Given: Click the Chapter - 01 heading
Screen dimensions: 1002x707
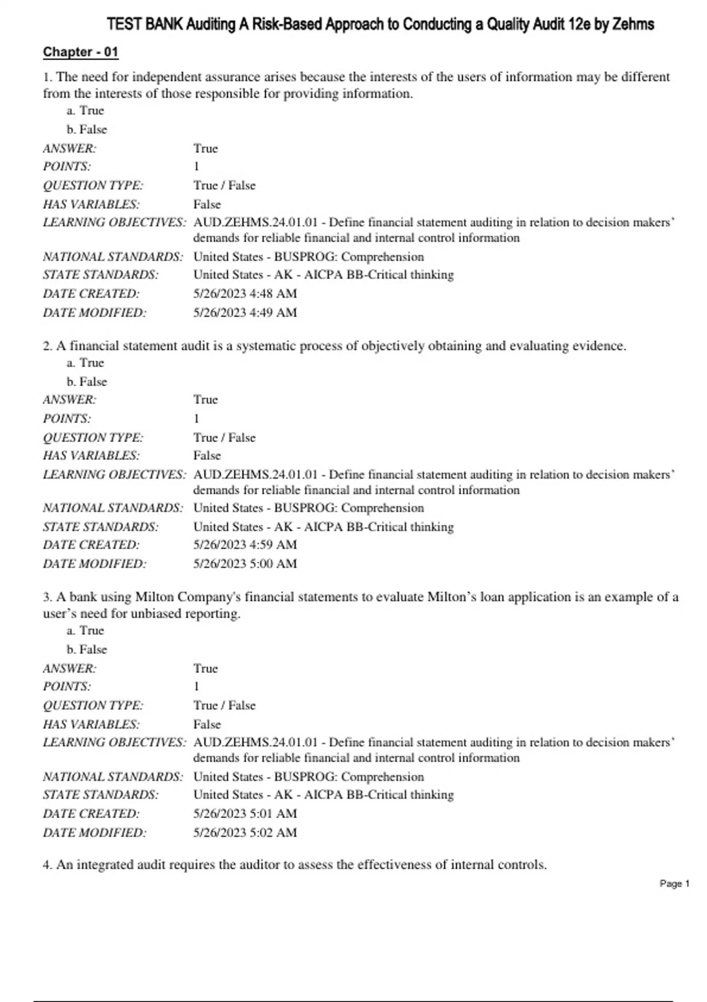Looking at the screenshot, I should coord(81,52).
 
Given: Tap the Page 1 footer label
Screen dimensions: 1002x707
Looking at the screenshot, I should coord(674,884).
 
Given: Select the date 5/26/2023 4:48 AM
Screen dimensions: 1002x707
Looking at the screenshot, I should coord(245,294).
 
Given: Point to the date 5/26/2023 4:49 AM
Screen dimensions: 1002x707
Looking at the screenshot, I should coord(245,312).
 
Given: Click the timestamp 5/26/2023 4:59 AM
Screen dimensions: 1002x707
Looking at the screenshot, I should coord(245,545).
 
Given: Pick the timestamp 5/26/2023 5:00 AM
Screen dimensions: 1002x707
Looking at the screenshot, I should coord(245,563).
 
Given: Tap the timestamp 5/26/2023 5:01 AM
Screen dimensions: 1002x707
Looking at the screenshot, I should coord(245,813).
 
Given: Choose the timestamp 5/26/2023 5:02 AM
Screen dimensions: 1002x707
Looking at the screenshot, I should coord(245,832).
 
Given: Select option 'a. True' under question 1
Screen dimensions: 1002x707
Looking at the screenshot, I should coord(85,110).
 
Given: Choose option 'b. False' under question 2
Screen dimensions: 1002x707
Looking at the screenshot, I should coord(87,381).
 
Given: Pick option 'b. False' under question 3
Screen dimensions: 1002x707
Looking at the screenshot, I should coord(87,649).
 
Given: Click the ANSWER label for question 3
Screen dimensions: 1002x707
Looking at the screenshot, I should coord(70,668).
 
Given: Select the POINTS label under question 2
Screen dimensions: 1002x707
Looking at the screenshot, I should coord(67,418).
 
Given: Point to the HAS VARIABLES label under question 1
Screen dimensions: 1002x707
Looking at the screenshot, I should coord(91,204).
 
